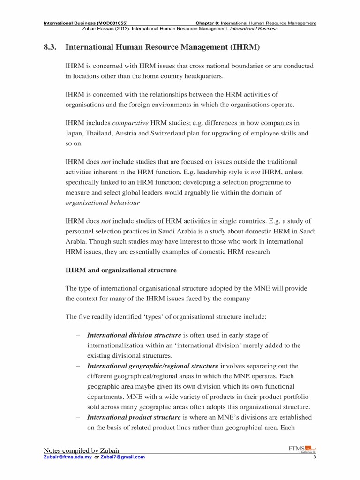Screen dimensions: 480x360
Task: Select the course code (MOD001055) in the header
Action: (x=110, y=23)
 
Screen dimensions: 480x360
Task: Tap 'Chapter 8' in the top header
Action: (x=207, y=23)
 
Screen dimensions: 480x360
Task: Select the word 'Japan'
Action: (x=75, y=133)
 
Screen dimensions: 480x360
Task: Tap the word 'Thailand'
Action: (x=102, y=133)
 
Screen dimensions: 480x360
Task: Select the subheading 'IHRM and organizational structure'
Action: (x=121, y=270)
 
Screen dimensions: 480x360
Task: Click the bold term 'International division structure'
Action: (x=134, y=336)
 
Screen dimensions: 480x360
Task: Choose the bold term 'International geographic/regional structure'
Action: (x=153, y=366)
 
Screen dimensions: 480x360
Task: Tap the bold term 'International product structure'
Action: (x=134, y=417)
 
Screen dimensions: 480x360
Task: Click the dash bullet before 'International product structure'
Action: (x=77, y=417)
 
